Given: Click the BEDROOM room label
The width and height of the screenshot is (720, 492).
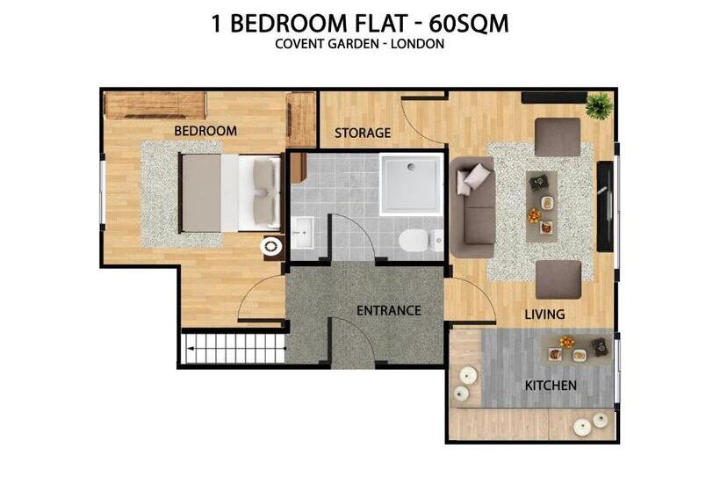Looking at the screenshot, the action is click(205, 131).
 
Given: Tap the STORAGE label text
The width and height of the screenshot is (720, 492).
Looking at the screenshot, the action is click(363, 134).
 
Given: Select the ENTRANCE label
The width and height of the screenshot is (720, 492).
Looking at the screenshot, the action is click(389, 310).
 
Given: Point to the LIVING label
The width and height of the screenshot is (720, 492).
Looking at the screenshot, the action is click(544, 315).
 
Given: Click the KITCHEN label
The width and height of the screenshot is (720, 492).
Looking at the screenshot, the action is click(551, 386).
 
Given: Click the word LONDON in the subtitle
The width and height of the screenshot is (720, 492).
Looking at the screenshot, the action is click(417, 44).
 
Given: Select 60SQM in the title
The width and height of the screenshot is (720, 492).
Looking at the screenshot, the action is click(469, 24).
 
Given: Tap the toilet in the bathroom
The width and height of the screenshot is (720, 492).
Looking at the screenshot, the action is click(421, 241).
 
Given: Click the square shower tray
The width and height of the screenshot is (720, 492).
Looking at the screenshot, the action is click(411, 184).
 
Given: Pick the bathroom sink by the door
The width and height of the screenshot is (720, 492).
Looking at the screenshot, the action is click(302, 233).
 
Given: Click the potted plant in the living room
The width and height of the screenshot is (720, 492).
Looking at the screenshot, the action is click(599, 105).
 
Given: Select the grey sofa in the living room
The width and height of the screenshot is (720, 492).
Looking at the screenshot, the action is click(472, 207).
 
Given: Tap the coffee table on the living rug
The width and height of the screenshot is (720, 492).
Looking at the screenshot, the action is click(542, 206).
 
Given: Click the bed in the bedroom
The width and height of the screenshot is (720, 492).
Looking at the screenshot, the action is click(230, 193).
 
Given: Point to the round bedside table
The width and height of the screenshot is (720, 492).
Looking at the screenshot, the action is click(271, 247).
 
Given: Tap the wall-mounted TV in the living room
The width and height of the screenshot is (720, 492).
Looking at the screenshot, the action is click(605, 206).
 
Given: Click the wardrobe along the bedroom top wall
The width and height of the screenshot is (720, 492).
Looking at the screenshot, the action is click(155, 105).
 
